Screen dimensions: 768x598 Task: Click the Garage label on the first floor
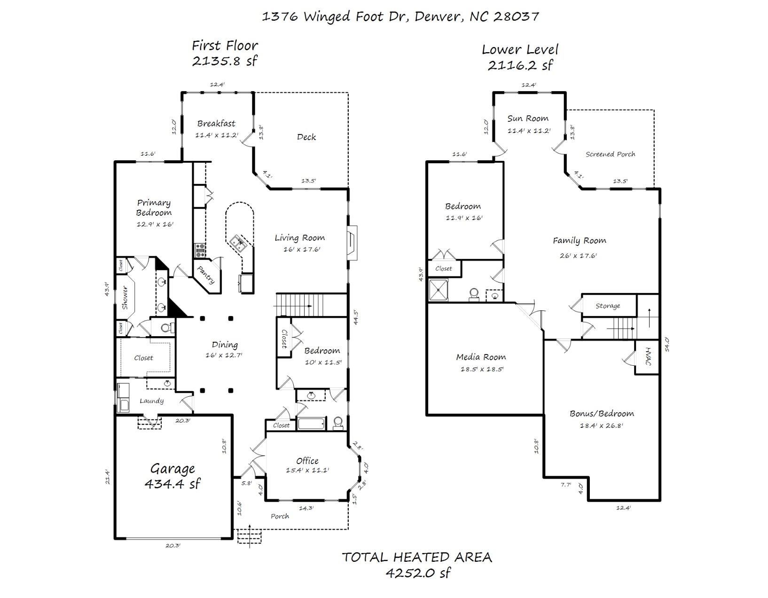pos(172,469)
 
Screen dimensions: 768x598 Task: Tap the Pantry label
pos(206,275)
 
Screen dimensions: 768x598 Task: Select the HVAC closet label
pos(648,356)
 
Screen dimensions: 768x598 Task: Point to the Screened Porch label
pos(610,154)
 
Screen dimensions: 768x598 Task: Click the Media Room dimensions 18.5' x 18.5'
pos(482,369)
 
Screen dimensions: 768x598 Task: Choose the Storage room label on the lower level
pos(608,306)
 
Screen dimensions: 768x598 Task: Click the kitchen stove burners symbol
pos(200,250)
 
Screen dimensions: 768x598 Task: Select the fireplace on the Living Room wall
pos(352,243)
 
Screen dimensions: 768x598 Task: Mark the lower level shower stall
pos(438,290)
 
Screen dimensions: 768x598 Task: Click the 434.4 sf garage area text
pos(172,483)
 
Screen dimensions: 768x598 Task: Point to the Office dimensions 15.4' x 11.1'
pos(307,470)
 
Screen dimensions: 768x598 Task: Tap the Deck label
pos(306,137)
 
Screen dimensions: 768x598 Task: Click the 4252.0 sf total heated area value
pos(418,573)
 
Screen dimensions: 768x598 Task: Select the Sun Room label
pos(528,118)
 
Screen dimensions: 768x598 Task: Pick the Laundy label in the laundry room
pos(152,401)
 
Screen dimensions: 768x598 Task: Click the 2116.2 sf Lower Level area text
pos(520,65)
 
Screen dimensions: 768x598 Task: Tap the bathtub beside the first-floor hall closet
pos(311,424)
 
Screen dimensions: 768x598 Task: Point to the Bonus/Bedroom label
pos(602,414)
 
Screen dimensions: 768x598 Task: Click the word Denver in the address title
pos(438,16)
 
